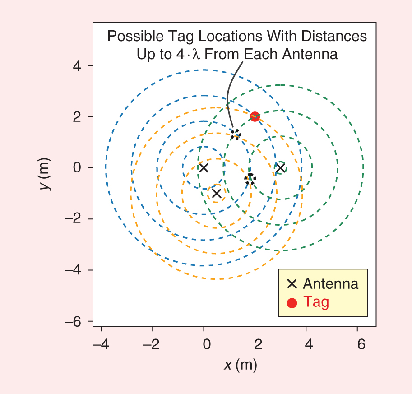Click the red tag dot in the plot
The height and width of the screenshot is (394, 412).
click(x=255, y=116)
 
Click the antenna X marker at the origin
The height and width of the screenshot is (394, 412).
click(x=204, y=168)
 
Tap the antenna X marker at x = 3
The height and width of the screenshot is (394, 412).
click(x=280, y=168)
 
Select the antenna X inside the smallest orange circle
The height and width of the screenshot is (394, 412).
click(x=217, y=193)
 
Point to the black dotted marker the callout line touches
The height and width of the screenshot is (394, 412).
click(x=236, y=134)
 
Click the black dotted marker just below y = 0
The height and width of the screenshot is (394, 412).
click(x=250, y=178)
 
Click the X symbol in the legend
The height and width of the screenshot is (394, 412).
click(x=292, y=284)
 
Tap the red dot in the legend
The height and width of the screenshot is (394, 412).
click(x=292, y=302)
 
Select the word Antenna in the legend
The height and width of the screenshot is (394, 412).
click(x=331, y=284)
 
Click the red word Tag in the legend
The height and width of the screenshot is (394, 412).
click(x=316, y=301)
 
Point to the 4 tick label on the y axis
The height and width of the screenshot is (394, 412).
click(x=77, y=66)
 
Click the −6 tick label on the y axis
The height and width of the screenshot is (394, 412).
click(x=74, y=321)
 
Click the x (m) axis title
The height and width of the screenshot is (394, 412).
click(x=240, y=364)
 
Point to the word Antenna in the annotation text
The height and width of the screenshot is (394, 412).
click(x=310, y=55)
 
